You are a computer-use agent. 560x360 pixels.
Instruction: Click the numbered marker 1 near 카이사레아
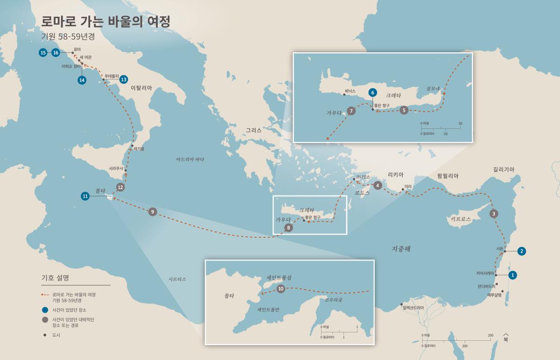pos(512,275)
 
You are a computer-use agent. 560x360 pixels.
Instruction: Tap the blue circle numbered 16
pos(56,53)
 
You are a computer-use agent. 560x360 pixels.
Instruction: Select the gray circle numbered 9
pos(152,212)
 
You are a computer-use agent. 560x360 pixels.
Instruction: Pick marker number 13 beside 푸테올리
pos(124,79)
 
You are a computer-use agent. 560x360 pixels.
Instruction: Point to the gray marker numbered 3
pos(494,214)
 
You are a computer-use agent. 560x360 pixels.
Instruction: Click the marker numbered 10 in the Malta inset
pos(280,289)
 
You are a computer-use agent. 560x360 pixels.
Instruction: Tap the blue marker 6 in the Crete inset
pos(372,92)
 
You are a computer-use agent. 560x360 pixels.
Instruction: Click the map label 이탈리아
pos(141,88)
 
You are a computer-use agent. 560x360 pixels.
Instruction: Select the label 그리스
pos(254,131)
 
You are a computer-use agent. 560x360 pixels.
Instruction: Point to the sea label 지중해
pos(401,249)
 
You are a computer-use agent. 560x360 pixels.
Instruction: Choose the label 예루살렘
pos(496,295)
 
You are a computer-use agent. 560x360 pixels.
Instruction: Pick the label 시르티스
pos(177,279)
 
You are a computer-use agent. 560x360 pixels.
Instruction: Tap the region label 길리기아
pos(503,169)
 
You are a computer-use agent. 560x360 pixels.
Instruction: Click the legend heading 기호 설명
pos(56,277)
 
